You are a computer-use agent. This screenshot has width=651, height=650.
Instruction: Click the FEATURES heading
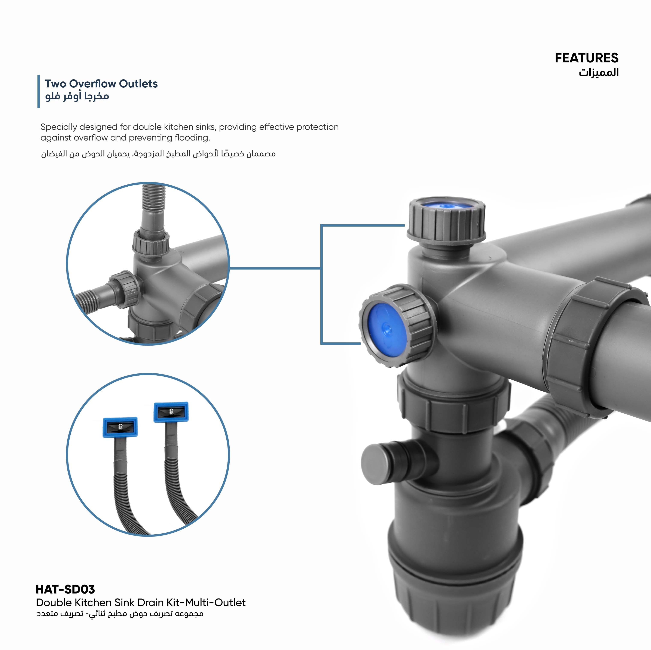(586, 58)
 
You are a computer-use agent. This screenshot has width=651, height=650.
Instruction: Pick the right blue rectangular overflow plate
(171, 412)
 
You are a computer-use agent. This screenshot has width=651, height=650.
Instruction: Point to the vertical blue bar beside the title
(39, 91)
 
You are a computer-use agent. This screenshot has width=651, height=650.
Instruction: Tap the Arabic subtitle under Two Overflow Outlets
(77, 96)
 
